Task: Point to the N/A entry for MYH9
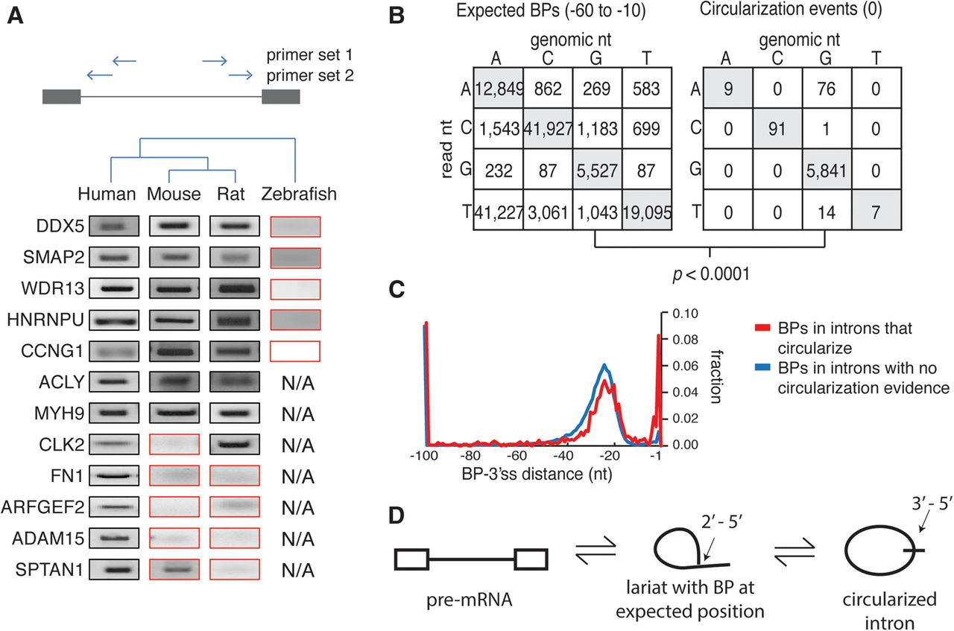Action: point(296,414)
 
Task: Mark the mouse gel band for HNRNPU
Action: point(174,320)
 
